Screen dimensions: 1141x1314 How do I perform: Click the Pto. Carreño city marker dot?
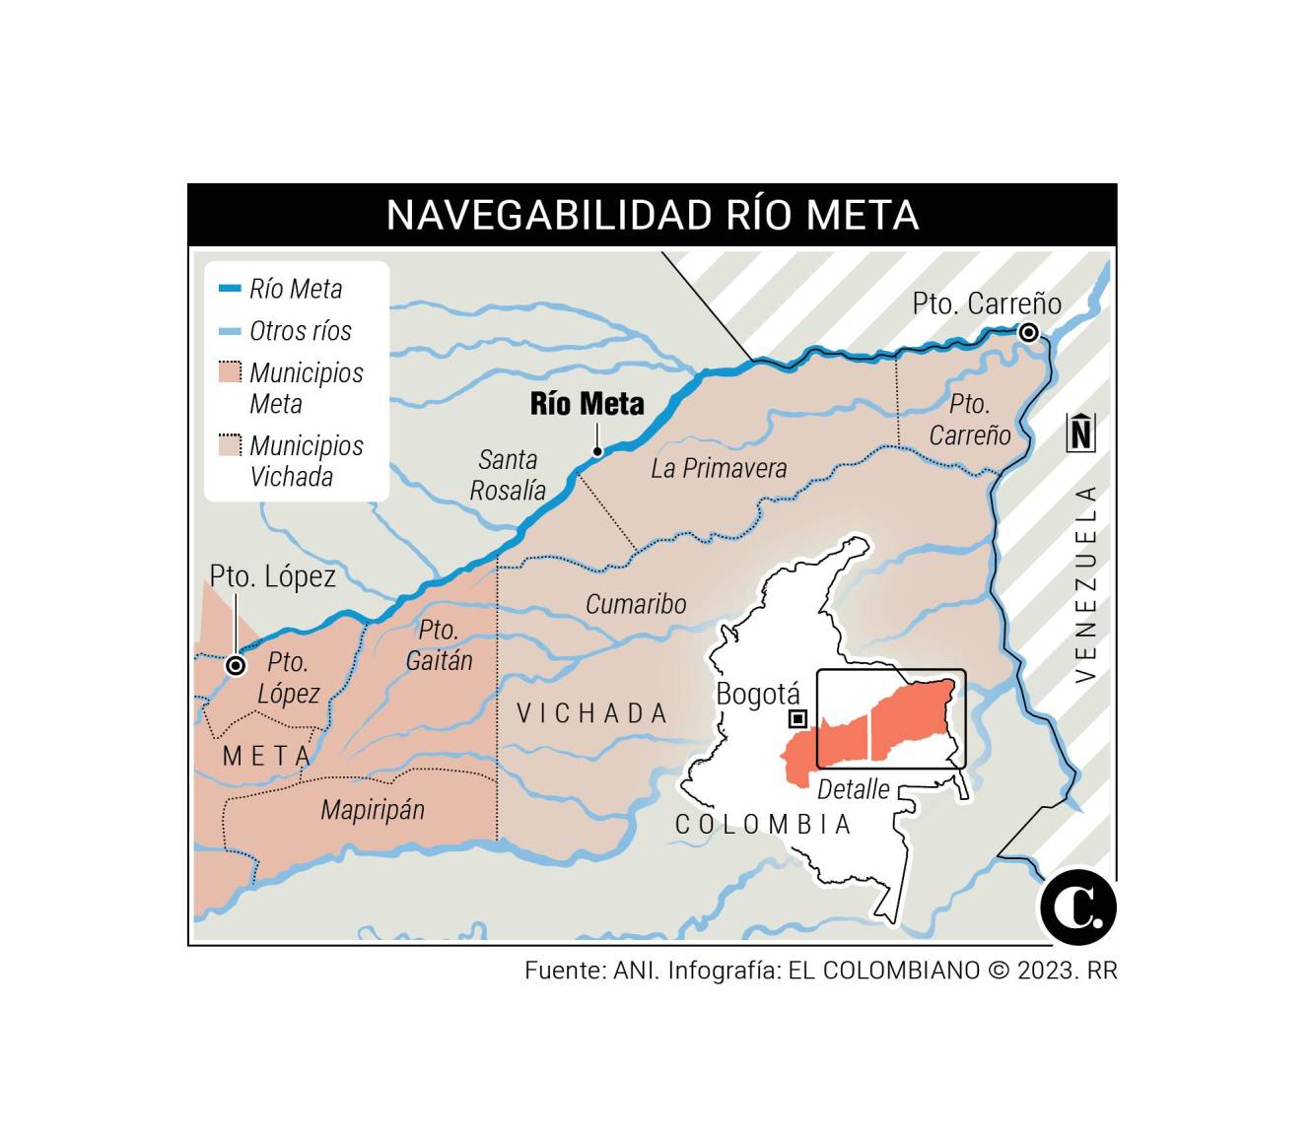1028,333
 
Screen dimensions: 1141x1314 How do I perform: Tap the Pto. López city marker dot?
236,666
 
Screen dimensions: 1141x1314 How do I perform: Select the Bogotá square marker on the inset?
797,718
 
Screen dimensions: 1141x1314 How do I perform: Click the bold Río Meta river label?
587,404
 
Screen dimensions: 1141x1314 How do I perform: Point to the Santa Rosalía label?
508,475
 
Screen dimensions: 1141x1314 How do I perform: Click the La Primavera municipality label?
719,468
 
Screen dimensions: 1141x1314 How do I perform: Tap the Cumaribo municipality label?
636,604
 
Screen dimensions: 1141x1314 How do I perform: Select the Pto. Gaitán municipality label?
439,645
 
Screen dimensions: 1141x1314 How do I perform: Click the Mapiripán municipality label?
373,810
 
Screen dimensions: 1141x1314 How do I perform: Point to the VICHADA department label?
592,713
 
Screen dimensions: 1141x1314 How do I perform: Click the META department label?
267,756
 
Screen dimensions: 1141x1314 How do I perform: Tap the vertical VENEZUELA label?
1085,584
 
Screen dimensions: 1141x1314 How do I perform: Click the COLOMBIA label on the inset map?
763,825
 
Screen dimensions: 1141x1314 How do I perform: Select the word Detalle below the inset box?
853,789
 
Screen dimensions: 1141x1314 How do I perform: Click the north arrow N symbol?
1081,433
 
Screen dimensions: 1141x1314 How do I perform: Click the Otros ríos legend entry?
300,331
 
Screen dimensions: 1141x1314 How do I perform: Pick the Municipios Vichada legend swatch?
230,446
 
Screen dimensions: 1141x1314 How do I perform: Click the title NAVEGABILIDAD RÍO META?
652,215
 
